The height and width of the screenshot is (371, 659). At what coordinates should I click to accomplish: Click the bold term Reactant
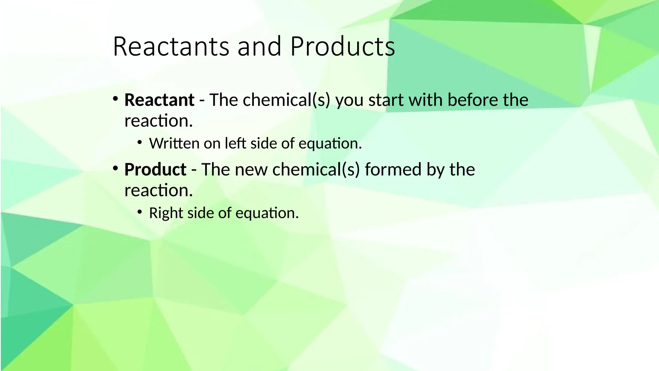[159, 100]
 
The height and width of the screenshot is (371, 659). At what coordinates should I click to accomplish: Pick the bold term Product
[155, 169]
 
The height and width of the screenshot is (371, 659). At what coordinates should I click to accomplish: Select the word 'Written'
[174, 143]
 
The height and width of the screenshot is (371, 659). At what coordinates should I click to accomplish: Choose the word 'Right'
[166, 213]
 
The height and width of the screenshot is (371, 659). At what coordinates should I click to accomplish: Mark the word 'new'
[251, 169]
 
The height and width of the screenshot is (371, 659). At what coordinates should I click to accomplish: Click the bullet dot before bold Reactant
[115, 99]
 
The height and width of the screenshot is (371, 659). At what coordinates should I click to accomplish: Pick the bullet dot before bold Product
[115, 168]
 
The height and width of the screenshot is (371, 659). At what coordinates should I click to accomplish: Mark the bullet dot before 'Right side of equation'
[139, 212]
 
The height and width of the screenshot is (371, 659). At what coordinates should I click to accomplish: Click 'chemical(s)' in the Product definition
[316, 169]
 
